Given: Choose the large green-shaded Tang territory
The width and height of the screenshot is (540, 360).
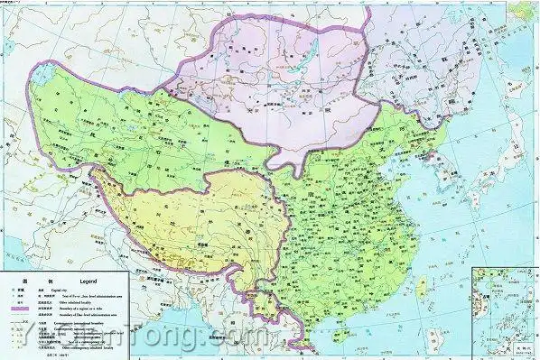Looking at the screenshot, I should pos(352,208).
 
